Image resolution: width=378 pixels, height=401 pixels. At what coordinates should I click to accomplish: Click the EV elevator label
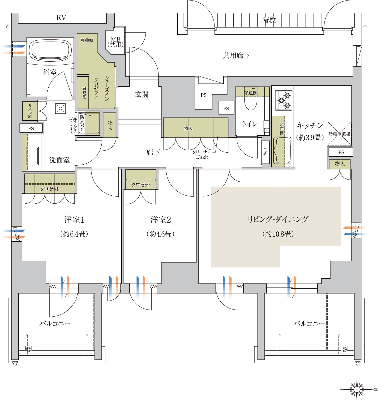pos(61,18)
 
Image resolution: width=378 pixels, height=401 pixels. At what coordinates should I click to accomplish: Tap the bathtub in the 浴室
pos(50,50)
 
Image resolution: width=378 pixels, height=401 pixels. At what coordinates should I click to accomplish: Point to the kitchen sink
pos(282,150)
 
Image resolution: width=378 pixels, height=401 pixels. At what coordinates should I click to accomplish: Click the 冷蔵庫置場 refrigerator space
pos(339,134)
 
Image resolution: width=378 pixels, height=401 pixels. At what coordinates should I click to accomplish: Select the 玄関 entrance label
pos(142,95)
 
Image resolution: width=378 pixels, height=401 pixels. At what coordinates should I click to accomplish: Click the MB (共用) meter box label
pos(115,42)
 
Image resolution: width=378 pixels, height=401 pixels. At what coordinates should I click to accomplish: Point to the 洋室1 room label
pos(74,220)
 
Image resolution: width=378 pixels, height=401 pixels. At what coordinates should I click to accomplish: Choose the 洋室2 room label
pos(160,220)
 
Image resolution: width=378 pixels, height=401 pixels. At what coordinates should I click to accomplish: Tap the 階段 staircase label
pos(269,20)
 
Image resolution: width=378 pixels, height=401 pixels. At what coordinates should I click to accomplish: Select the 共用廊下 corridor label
pos(236,55)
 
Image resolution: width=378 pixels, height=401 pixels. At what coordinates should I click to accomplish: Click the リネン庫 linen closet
pos(30,111)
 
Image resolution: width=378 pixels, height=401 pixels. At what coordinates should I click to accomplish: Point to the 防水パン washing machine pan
pos(89,123)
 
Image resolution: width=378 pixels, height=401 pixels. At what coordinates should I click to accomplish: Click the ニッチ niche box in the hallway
pos(265,152)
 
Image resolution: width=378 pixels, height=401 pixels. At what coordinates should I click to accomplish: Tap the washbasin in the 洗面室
pos(33,155)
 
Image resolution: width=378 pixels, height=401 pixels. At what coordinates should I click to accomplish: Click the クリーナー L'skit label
pos(202,154)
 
